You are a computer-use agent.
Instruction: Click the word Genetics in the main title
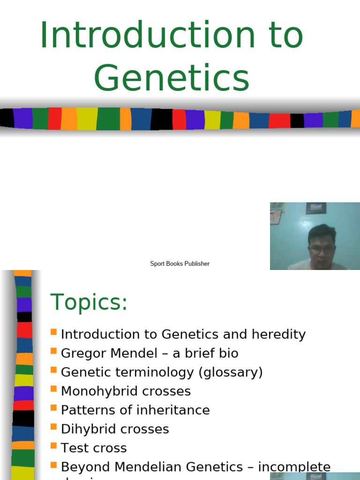(x=172, y=79)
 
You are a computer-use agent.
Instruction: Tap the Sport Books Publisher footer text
(x=180, y=264)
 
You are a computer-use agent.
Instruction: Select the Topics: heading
(x=89, y=302)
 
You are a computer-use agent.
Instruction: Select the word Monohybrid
(x=98, y=391)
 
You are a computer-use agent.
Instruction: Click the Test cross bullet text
(x=94, y=448)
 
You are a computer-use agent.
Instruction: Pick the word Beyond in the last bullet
(x=85, y=467)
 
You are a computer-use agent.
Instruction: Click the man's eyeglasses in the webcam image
(x=322, y=250)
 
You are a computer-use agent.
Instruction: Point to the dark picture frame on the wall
(x=316, y=208)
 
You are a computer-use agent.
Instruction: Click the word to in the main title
(x=285, y=35)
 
